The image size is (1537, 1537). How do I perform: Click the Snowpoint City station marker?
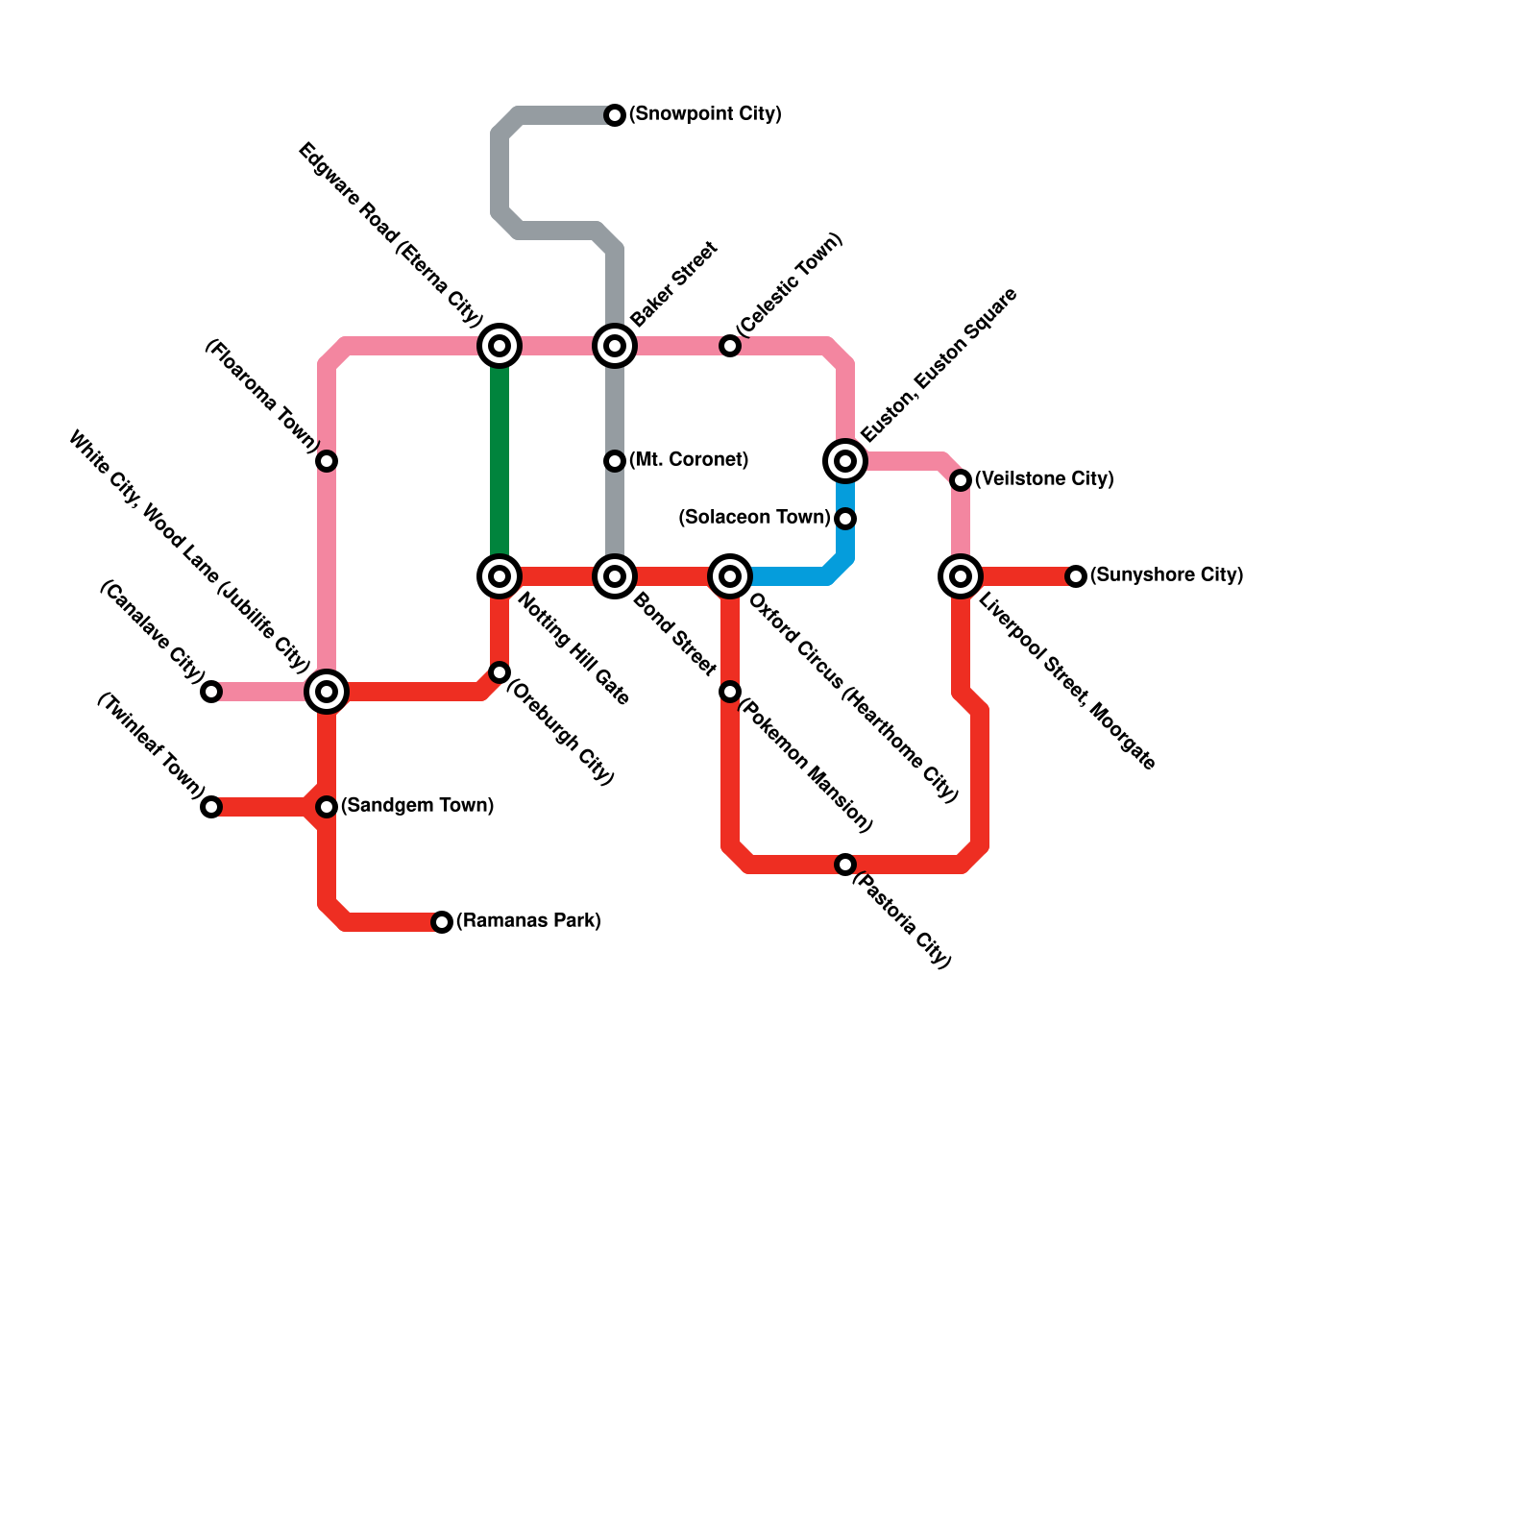tap(615, 115)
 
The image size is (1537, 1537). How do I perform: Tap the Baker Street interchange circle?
tap(615, 346)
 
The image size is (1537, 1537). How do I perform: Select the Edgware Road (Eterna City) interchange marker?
tap(500, 346)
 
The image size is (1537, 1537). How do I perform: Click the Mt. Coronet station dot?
tap(615, 461)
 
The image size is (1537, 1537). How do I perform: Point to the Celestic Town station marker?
tap(730, 346)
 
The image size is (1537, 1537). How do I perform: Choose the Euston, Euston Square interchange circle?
tap(845, 461)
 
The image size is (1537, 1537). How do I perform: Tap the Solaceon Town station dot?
tap(845, 519)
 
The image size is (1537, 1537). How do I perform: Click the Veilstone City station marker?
tap(961, 480)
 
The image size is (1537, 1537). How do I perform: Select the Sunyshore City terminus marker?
tap(1076, 576)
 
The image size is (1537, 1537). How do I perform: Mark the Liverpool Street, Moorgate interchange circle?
tap(961, 576)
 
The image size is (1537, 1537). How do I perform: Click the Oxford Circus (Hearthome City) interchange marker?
tap(730, 576)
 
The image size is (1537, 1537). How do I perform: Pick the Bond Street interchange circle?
tap(615, 576)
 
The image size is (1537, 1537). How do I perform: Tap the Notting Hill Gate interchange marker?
tap(500, 576)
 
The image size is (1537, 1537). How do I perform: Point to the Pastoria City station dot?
tap(845, 865)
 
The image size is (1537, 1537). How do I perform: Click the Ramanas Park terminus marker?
tap(442, 922)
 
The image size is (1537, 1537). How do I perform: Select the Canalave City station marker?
tap(211, 692)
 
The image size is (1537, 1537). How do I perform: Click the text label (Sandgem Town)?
tap(417, 806)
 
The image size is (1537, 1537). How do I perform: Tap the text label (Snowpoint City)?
tap(705, 114)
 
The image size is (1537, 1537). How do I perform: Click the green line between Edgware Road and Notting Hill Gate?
tap(500, 461)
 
